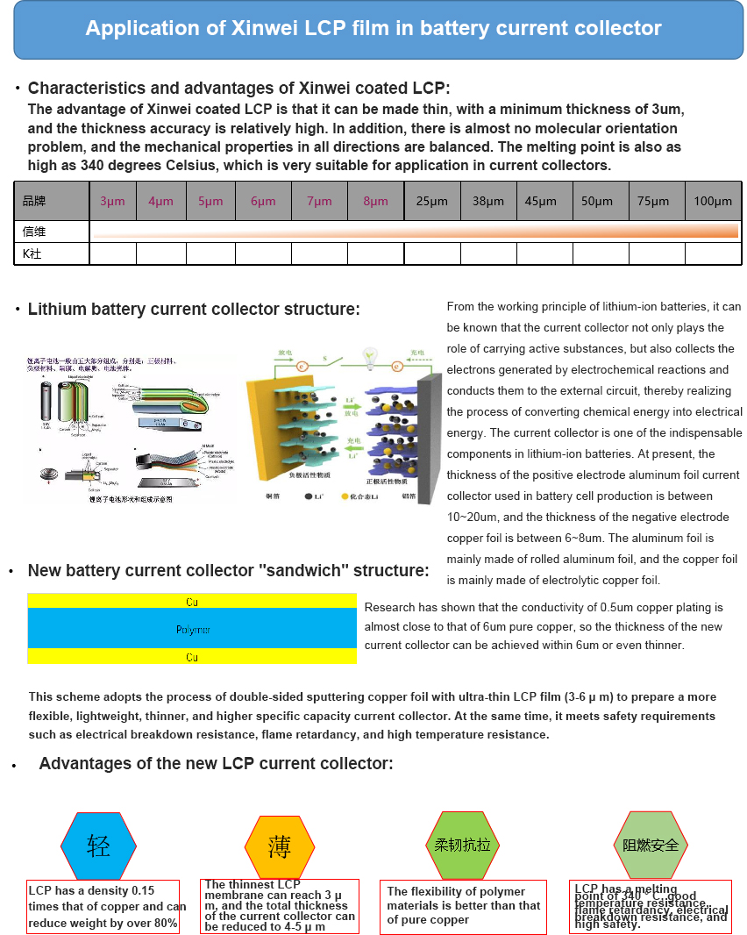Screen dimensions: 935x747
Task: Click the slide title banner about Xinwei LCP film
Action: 373,29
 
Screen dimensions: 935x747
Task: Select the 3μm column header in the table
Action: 112,201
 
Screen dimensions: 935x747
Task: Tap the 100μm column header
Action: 712,201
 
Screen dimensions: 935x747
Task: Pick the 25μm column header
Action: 431,201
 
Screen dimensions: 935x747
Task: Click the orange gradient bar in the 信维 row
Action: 414,232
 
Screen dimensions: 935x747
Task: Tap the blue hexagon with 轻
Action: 98,846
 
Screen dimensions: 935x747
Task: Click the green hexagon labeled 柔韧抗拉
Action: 462,846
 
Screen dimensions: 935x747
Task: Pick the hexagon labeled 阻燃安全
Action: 651,846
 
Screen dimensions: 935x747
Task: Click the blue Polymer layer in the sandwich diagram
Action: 192,629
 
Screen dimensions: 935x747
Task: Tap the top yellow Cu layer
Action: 192,602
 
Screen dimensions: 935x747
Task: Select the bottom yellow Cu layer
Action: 192,657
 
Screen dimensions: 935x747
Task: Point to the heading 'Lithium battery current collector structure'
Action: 194,310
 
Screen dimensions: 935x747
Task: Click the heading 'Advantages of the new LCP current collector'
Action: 216,764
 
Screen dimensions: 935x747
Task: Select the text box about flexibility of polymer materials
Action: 463,906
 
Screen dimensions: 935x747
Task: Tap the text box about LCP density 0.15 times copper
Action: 103,907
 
